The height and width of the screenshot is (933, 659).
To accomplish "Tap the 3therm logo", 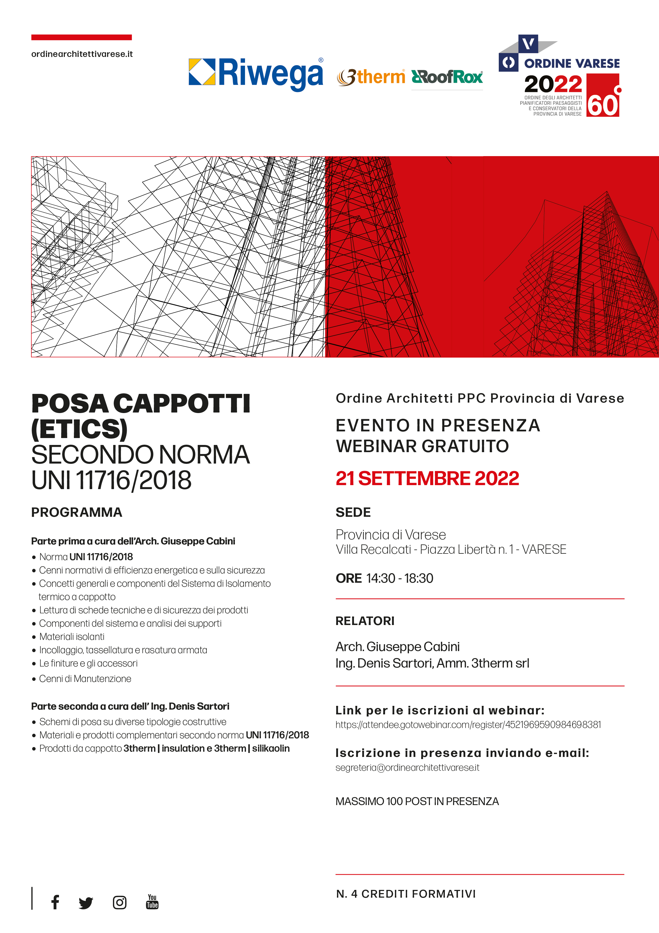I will tap(371, 77).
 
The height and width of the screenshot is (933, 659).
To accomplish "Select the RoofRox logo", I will tap(447, 77).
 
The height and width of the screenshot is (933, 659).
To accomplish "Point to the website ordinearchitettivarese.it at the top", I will tap(82, 54).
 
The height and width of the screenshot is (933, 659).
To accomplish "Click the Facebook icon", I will tap(55, 902).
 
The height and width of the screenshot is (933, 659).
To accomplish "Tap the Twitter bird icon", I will tap(86, 902).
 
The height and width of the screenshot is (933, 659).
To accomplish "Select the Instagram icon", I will tap(119, 902).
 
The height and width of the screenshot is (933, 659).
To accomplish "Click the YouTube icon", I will tap(152, 901).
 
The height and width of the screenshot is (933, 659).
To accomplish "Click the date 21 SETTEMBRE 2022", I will tap(427, 478).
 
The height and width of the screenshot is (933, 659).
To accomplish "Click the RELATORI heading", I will tap(365, 621).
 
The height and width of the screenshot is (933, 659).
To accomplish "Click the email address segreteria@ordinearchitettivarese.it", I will tap(407, 768).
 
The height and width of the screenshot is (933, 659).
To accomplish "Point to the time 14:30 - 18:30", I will tap(400, 578).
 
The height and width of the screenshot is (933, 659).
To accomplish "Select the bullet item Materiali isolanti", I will tap(72, 637).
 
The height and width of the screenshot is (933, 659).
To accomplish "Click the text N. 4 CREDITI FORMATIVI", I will tap(406, 894).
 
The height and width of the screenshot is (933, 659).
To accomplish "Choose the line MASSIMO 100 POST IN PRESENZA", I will tap(417, 801).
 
